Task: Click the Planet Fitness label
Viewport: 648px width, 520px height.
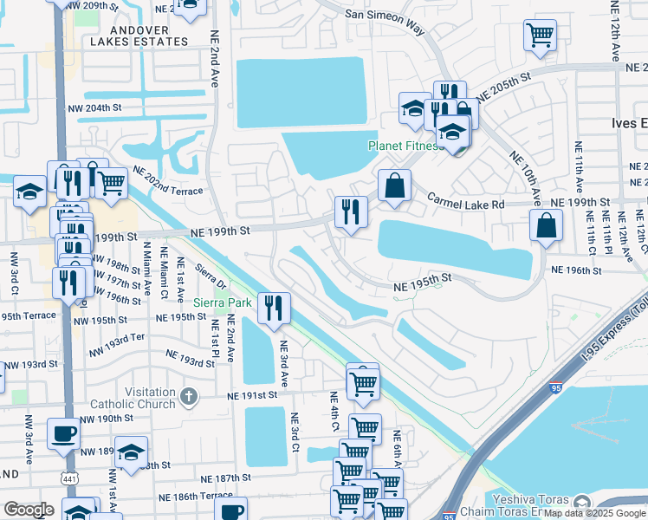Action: [405, 146]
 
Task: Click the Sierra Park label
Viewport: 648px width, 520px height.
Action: [221, 302]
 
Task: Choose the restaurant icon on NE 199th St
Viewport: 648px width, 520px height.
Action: [351, 212]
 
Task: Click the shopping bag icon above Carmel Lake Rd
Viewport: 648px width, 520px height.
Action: [394, 185]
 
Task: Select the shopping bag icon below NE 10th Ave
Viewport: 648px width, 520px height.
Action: [547, 225]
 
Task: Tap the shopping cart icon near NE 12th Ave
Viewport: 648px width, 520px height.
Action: [540, 36]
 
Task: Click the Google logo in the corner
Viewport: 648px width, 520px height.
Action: [29, 509]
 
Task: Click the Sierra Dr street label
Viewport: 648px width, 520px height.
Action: [211, 276]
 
